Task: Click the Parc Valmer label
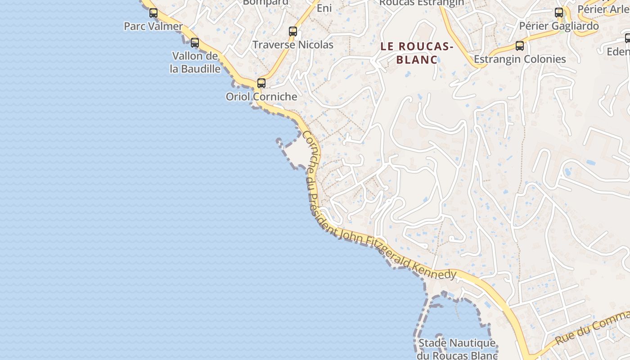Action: (x=153, y=26)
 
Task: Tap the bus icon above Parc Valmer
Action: (x=153, y=13)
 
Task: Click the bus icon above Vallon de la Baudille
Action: (x=195, y=43)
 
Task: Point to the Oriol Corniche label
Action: (x=261, y=97)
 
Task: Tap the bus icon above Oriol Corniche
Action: (x=261, y=83)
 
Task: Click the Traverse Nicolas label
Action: (x=292, y=45)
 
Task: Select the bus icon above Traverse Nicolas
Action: (x=293, y=31)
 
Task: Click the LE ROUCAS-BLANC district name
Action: (x=417, y=53)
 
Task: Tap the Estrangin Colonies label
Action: (x=520, y=59)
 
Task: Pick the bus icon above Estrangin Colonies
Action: (x=520, y=46)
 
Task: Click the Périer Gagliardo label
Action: (x=559, y=26)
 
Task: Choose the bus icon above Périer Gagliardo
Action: (x=559, y=13)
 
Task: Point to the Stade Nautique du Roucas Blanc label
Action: (x=457, y=349)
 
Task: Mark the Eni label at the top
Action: (x=324, y=8)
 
